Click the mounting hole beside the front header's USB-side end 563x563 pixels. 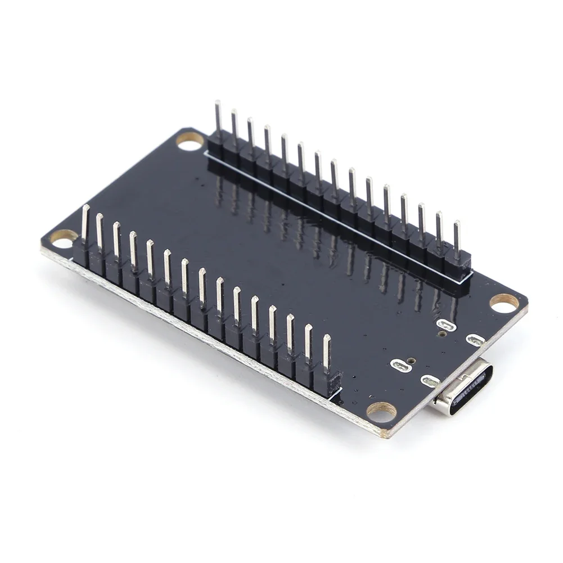tap(382, 412)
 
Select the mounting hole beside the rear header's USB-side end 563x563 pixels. tap(504, 303)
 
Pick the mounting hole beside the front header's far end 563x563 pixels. tap(64, 238)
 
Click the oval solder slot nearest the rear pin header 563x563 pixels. tap(446, 325)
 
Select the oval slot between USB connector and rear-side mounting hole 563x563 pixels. tap(476, 340)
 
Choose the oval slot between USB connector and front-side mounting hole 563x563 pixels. tap(430, 381)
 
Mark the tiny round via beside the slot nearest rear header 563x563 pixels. tap(443, 334)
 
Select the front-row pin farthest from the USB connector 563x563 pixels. tap(85, 222)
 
